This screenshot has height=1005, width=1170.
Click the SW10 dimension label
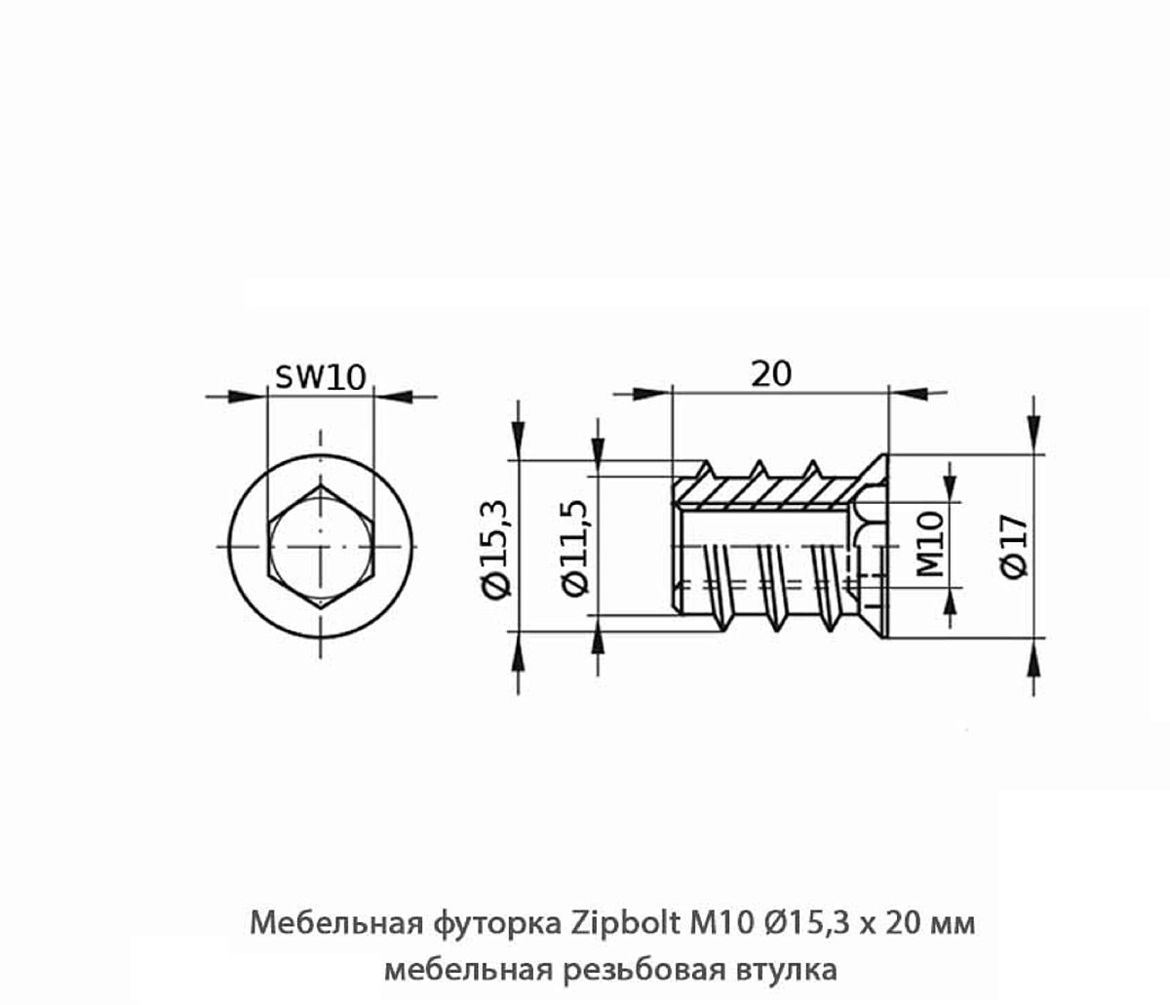pyautogui.click(x=321, y=377)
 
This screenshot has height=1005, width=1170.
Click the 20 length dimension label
pyautogui.click(x=771, y=374)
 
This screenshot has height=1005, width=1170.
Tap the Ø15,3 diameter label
pyautogui.click(x=497, y=549)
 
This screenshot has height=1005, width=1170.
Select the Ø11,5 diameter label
pyautogui.click(x=575, y=548)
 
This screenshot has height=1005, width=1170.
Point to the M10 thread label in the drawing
pyautogui.click(x=930, y=544)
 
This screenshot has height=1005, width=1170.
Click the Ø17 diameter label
pyautogui.click(x=1013, y=547)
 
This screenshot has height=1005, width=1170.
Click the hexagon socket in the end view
pyautogui.click(x=321, y=547)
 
